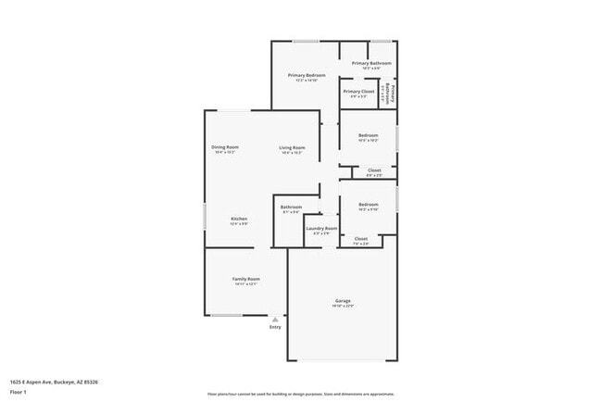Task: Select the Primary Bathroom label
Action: [371, 64]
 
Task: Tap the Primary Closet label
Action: [358, 92]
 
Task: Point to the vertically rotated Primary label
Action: [393, 93]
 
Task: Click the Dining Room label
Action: [225, 147]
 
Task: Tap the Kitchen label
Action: [239, 219]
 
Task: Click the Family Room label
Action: [245, 279]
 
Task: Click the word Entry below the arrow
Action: [275, 327]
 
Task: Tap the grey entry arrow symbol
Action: [275, 319]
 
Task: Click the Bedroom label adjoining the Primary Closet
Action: [368, 135]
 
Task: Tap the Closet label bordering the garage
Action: [361, 239]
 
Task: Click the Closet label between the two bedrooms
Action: [374, 170]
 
